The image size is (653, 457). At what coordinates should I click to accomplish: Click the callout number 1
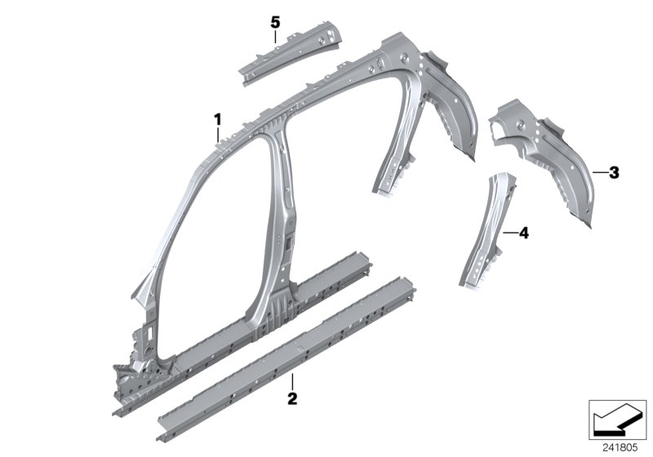click(218, 120)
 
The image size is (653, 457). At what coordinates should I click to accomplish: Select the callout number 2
click(292, 399)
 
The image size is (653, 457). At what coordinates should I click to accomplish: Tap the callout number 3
click(614, 172)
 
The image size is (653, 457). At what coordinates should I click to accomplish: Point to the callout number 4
click(523, 233)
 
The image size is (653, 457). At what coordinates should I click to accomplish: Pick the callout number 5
click(276, 20)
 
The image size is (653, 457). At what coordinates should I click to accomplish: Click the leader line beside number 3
click(599, 172)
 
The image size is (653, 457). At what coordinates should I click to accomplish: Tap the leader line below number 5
click(276, 35)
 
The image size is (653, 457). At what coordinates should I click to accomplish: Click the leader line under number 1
click(218, 135)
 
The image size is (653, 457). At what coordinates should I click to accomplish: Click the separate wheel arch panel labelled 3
click(555, 155)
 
